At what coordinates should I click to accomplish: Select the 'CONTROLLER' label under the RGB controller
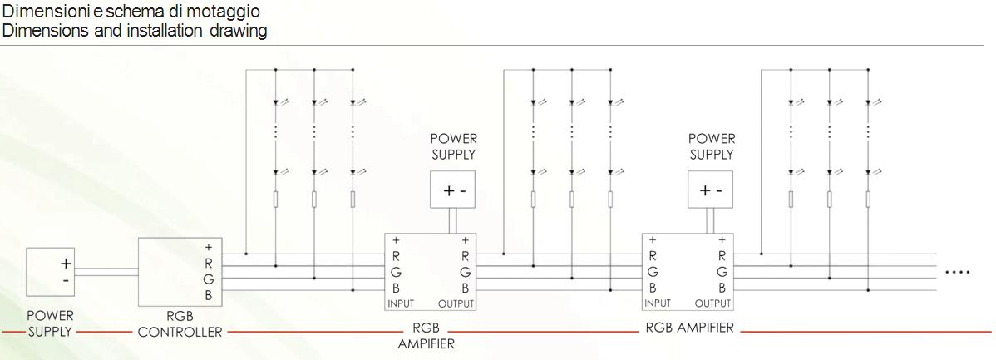[x=180, y=332]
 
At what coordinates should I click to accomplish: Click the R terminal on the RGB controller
[x=209, y=264]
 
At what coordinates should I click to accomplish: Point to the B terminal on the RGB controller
[x=209, y=295]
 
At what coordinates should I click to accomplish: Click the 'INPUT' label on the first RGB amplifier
[x=401, y=303]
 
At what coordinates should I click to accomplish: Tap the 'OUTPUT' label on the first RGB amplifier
[x=456, y=303]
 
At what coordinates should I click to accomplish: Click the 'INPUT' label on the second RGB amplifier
[x=658, y=303]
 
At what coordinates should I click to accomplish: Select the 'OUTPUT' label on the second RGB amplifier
[x=712, y=303]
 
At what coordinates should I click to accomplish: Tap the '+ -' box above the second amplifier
[x=711, y=190]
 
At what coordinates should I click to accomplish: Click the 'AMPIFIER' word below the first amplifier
[x=427, y=344]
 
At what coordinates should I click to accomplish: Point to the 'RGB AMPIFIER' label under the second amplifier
[x=689, y=328]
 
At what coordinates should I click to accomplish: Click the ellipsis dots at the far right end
[x=958, y=273]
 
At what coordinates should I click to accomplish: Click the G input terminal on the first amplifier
[x=397, y=273]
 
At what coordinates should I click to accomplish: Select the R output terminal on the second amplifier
[x=722, y=257]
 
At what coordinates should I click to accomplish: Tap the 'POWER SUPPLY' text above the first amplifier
[x=454, y=146]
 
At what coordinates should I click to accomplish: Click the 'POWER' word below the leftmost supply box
[x=50, y=316]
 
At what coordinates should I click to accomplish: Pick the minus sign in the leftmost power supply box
[x=66, y=280]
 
